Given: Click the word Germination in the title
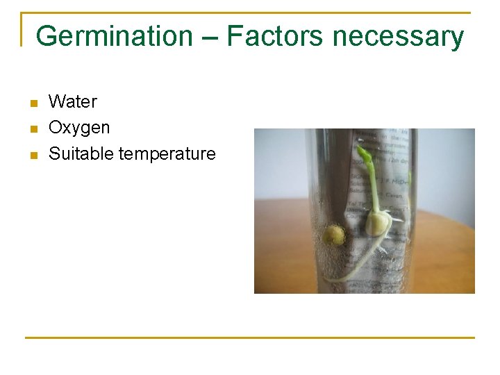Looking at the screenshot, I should (x=113, y=36).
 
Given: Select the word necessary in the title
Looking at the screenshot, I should (x=398, y=36).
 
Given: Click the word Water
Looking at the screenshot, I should (x=73, y=102).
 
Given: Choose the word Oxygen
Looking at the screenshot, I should (x=79, y=128).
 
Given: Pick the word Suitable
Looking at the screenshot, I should (x=81, y=153).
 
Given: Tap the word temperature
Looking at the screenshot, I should (x=167, y=154).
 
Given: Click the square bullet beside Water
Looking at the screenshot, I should (x=32, y=103).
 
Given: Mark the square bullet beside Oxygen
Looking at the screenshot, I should (x=32, y=129).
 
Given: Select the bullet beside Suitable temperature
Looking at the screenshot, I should (x=32, y=155).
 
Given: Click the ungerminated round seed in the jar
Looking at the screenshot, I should (x=333, y=235).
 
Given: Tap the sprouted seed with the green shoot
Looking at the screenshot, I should (x=378, y=224).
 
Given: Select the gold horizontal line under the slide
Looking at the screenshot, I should (x=249, y=338).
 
